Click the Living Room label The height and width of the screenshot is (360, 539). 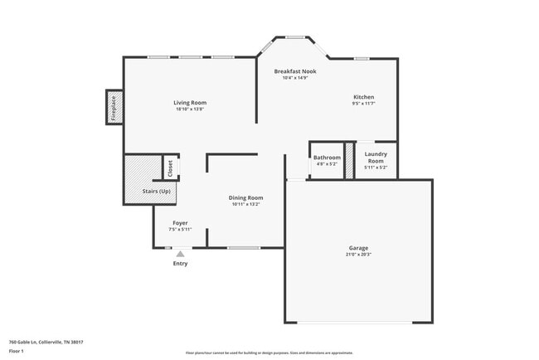[x=190, y=103]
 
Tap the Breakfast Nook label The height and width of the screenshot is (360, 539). [x=295, y=71]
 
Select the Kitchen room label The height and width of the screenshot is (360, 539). [x=364, y=97]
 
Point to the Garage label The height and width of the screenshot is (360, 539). [x=358, y=248]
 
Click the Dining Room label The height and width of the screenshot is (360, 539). [x=245, y=197]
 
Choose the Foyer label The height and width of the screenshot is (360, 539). [x=180, y=223]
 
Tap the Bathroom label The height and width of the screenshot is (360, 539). [x=327, y=158]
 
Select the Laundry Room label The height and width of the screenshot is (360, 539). [x=376, y=158]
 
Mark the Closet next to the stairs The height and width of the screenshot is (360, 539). [x=170, y=168]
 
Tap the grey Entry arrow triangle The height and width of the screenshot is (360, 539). [x=180, y=254]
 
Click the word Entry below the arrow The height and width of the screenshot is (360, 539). [x=180, y=264]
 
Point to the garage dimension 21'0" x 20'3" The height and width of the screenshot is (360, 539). [x=358, y=255]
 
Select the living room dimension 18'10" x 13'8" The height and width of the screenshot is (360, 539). [x=190, y=109]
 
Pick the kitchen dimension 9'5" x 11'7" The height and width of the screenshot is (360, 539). [x=364, y=104]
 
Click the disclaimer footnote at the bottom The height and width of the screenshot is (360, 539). [x=269, y=353]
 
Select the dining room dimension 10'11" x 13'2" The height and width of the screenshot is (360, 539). [x=245, y=204]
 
